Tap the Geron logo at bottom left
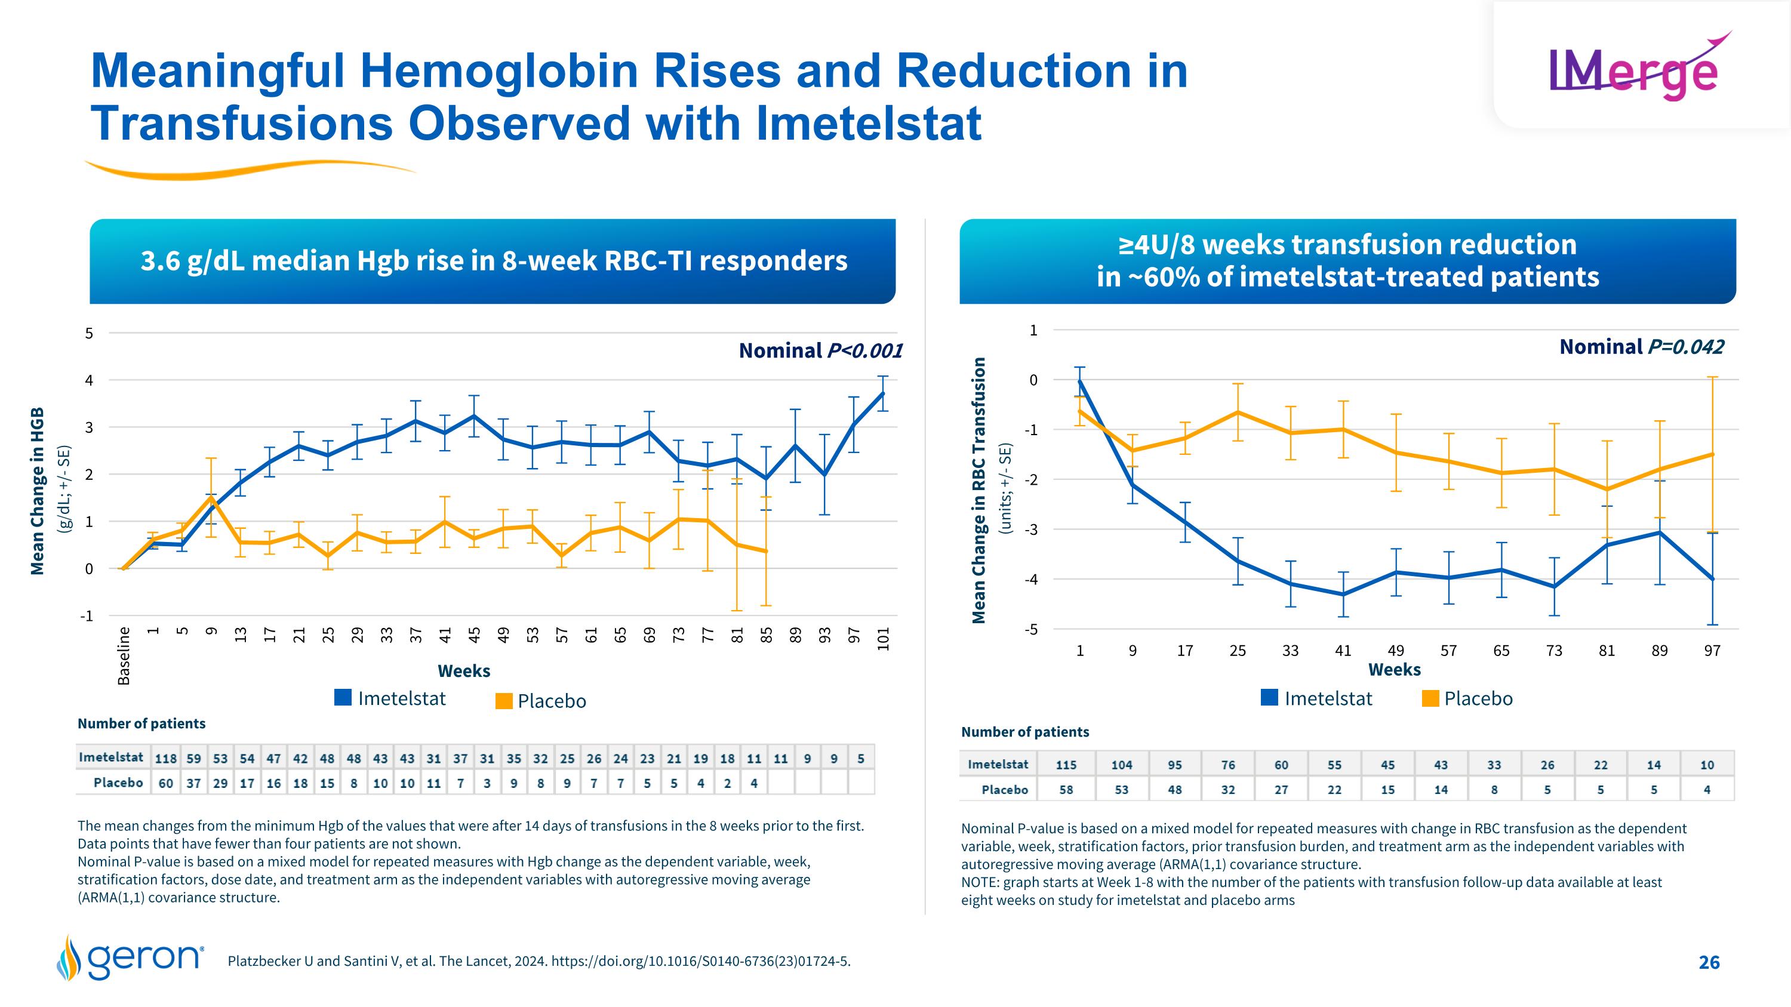[x=130, y=957]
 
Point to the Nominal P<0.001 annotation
[x=820, y=350]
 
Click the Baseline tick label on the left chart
[x=124, y=655]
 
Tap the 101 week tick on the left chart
[x=883, y=639]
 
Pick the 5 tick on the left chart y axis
[x=88, y=334]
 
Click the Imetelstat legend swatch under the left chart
[x=343, y=698]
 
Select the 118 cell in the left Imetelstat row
[x=165, y=758]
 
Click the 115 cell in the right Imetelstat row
[x=1066, y=765]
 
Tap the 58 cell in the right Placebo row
[x=1066, y=790]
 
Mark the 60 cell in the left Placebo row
[x=165, y=783]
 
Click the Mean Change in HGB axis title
[x=38, y=491]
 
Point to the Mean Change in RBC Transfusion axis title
[x=979, y=490]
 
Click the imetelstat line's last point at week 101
[x=883, y=393]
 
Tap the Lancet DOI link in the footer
[x=700, y=962]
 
